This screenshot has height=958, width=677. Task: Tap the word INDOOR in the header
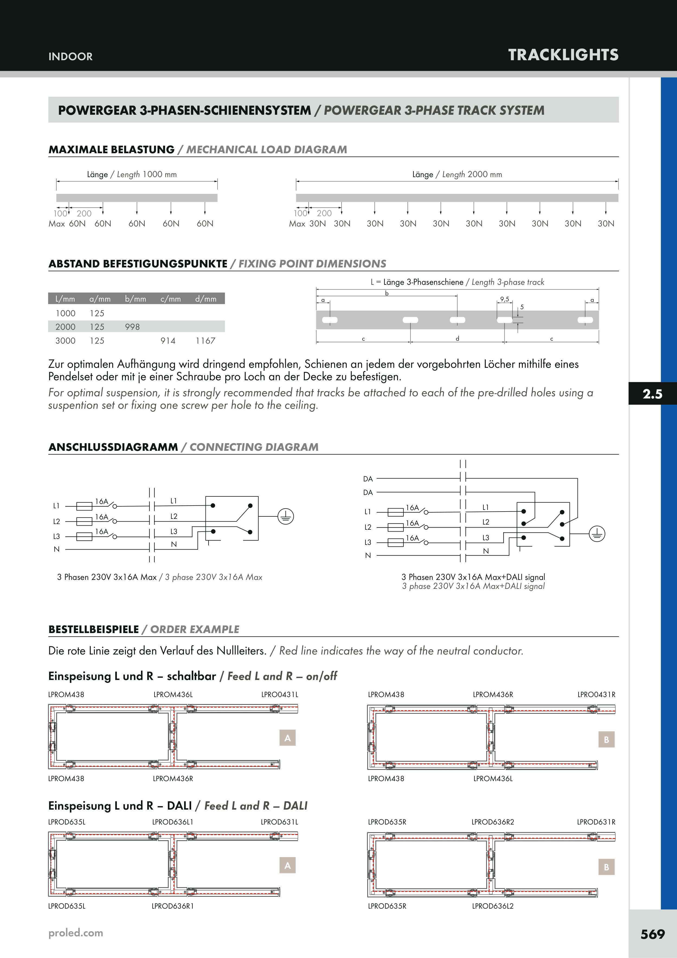(x=70, y=57)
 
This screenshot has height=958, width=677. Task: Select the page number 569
(x=652, y=934)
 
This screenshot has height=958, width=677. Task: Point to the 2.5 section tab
(x=652, y=394)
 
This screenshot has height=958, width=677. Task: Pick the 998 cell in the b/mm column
(x=132, y=327)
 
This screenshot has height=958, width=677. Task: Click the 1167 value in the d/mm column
(x=205, y=341)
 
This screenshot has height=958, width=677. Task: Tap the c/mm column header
(x=171, y=299)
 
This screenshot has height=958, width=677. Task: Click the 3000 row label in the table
(x=66, y=341)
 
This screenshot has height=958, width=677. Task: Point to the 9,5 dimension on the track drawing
(x=505, y=299)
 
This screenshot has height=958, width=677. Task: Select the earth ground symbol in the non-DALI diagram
(x=286, y=516)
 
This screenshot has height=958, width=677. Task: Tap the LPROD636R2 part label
(x=493, y=822)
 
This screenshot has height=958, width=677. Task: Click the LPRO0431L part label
(x=280, y=695)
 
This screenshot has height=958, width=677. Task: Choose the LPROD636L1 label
(x=173, y=822)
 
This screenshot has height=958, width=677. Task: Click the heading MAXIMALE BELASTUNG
(x=111, y=150)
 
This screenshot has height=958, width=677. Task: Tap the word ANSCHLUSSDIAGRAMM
(x=113, y=447)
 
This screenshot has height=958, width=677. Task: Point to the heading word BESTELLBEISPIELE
(x=94, y=630)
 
